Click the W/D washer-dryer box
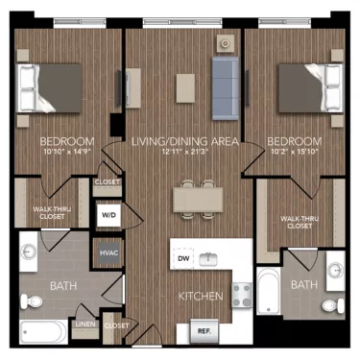tap(108, 216)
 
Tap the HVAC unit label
tap(108, 253)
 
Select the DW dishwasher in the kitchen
tap(182, 259)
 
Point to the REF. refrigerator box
tap(204, 331)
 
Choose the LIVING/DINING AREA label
tap(180, 140)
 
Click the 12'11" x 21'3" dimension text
tap(180, 151)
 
